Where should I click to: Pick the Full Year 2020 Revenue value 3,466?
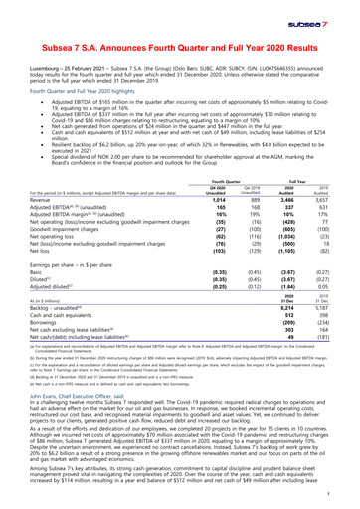(294, 199)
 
